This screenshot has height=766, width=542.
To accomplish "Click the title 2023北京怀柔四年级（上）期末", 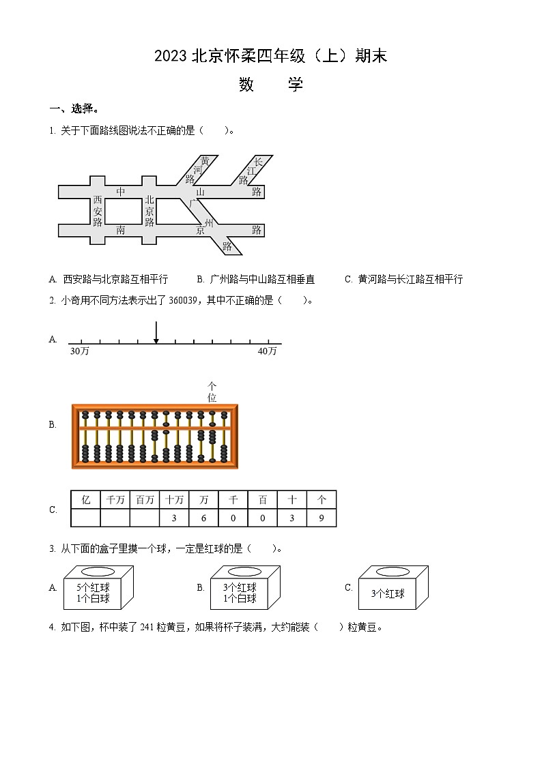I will tap(270, 57).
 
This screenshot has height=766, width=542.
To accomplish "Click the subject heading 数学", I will tap(270, 85).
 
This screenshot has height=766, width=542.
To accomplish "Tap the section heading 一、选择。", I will tap(74, 108).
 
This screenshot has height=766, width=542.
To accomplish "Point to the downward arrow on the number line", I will tap(156, 332).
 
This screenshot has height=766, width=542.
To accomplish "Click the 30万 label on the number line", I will tap(79, 351).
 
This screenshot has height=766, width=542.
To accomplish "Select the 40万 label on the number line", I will tap(267, 351).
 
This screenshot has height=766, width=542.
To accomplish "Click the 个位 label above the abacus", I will tap(212, 392).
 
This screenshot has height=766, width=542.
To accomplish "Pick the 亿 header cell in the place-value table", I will tap(85, 500).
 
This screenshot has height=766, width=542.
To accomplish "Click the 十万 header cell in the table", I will tap(174, 500).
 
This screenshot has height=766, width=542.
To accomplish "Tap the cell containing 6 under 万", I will tap(203, 518).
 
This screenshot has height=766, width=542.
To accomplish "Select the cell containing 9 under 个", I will tap(322, 518).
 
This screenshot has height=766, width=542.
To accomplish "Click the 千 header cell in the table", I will tap(233, 500).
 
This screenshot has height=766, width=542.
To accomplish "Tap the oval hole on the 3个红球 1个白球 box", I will tap(245, 572).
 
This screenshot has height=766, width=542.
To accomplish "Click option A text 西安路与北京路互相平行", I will tap(115, 279).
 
